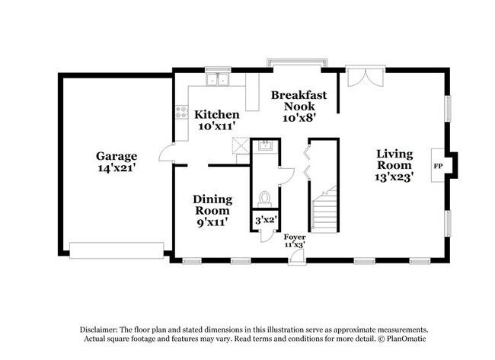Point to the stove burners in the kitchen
181,113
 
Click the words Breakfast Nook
293,100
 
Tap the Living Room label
394,159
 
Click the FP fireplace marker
439,165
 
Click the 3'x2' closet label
266,220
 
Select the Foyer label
294,237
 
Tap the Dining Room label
212,205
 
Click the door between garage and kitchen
166,155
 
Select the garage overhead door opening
116,249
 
